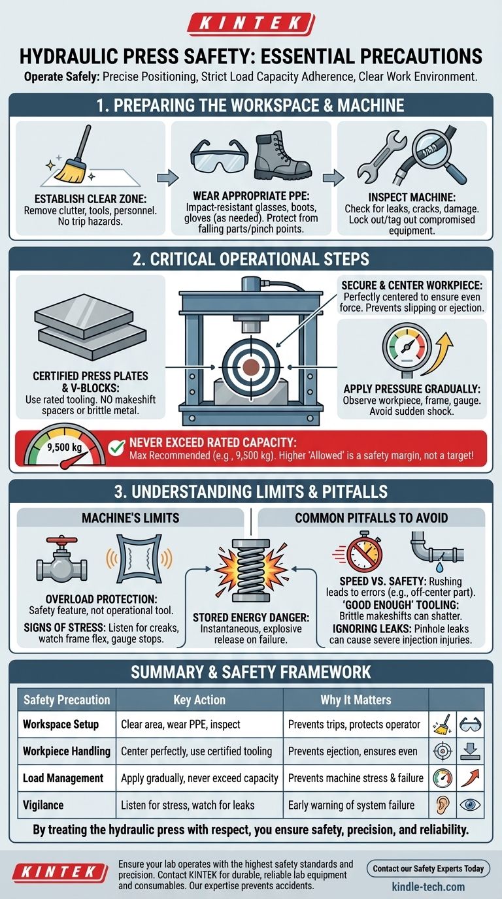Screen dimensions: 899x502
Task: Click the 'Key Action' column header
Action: (x=199, y=700)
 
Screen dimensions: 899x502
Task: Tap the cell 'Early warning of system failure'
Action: (x=352, y=805)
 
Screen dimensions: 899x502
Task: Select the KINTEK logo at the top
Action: (x=251, y=24)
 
